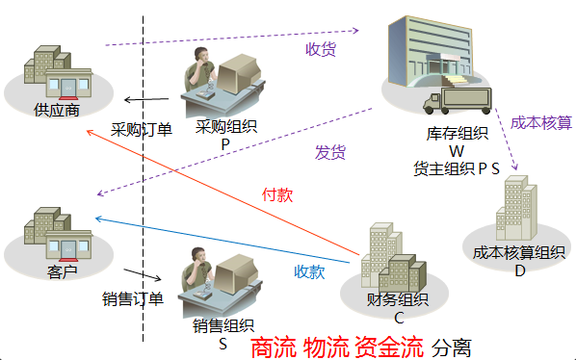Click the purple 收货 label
click(321, 49)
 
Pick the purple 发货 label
click(330, 153)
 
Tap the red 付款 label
click(277, 193)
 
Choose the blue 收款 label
click(309, 271)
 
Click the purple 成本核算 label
click(540, 122)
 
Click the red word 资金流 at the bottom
click(389, 347)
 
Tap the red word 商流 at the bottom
click(273, 347)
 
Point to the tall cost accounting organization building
click(511, 206)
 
